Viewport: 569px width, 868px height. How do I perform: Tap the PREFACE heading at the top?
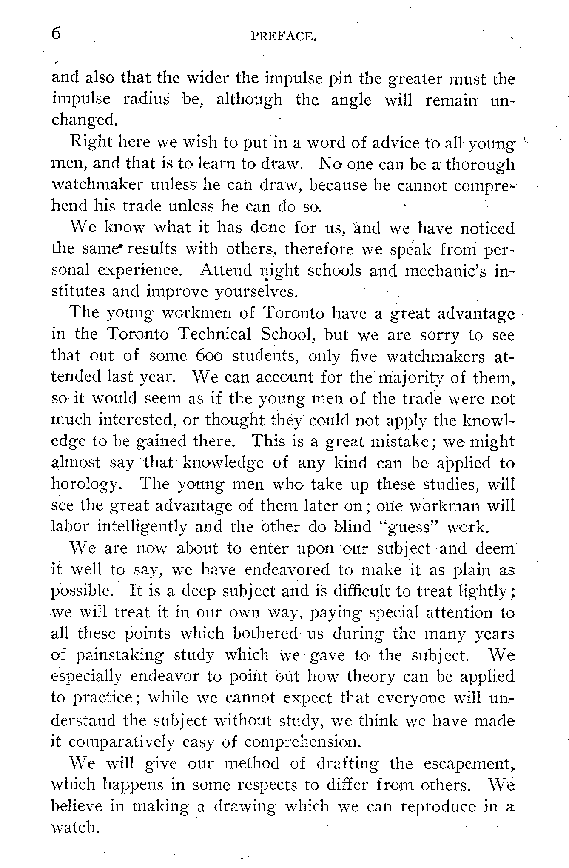[284, 37]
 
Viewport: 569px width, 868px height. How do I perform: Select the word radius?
[147, 100]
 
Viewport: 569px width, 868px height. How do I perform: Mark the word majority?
[411, 377]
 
